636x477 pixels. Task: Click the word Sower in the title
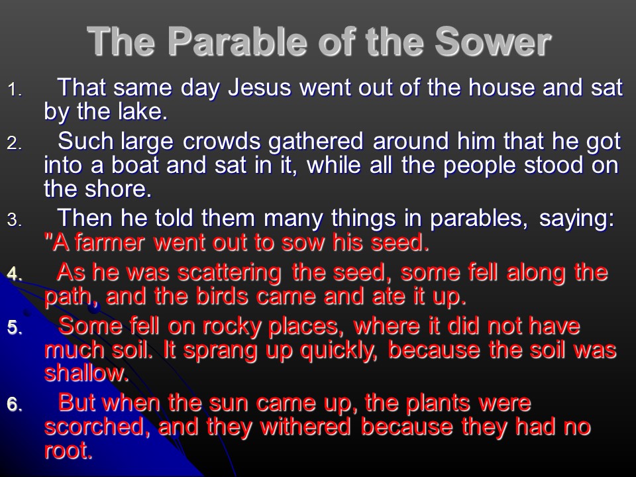pyautogui.click(x=493, y=41)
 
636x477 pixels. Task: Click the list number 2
pyautogui.click(x=14, y=143)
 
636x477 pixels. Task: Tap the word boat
pyautogui.click(x=135, y=165)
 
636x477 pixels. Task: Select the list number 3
pyautogui.click(x=14, y=220)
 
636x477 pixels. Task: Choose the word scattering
pyautogui.click(x=230, y=273)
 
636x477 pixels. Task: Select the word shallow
pyautogui.click(x=86, y=373)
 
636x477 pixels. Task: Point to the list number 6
pyautogui.click(x=14, y=405)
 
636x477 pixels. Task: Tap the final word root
pyautogui.click(x=68, y=451)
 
